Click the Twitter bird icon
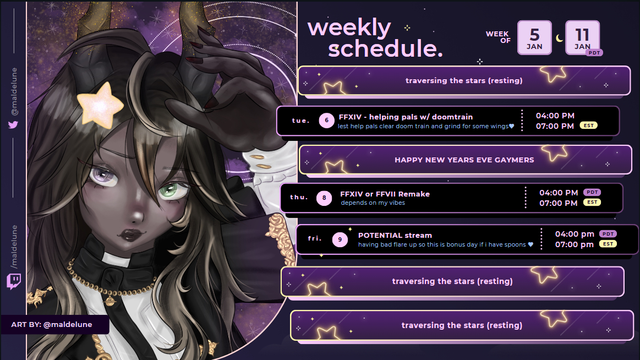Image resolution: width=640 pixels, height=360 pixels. (13, 125)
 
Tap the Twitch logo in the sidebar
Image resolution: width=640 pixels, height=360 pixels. (13, 281)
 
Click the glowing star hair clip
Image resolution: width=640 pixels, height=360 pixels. (100, 105)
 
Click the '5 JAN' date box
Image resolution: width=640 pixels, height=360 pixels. (534, 37)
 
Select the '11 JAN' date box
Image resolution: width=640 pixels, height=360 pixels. (582, 37)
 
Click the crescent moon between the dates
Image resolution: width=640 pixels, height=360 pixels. (559, 38)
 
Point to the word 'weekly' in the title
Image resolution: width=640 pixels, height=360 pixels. (349, 29)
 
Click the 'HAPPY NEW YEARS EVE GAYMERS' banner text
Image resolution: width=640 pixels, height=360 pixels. (464, 160)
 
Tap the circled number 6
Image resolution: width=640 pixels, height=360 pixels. (326, 121)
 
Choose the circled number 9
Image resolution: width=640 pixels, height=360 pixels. (340, 239)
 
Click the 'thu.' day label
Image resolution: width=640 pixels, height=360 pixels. (299, 197)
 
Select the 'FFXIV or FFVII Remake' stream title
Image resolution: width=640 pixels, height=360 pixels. (385, 194)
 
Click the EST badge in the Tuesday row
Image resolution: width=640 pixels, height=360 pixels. (589, 126)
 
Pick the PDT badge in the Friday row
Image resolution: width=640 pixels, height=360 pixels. (608, 234)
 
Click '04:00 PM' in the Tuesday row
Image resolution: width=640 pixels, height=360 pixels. (555, 116)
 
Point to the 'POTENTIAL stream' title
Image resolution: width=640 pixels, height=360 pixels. (395, 235)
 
